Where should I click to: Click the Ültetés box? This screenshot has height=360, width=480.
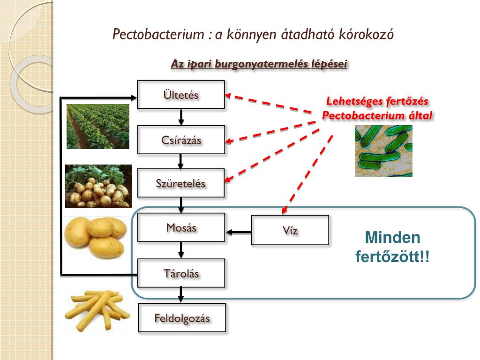tap(181, 95)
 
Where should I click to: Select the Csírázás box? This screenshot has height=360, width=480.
tap(181, 140)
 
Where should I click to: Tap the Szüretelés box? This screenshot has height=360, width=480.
tap(181, 183)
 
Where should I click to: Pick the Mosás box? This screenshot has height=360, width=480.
tap(181, 228)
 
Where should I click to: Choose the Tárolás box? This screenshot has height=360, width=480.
tap(181, 273)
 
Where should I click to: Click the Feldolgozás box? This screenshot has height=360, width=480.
tap(182, 318)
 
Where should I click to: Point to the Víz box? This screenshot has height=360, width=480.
tap(290, 230)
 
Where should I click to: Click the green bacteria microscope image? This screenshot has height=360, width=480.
tap(383, 151)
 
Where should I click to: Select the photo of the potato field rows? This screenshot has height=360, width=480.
tap(98, 127)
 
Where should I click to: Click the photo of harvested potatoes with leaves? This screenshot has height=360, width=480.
tap(98, 186)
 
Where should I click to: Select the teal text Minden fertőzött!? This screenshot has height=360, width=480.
tap(392, 247)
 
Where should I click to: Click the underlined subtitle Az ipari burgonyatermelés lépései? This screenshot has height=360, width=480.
tap(259, 64)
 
